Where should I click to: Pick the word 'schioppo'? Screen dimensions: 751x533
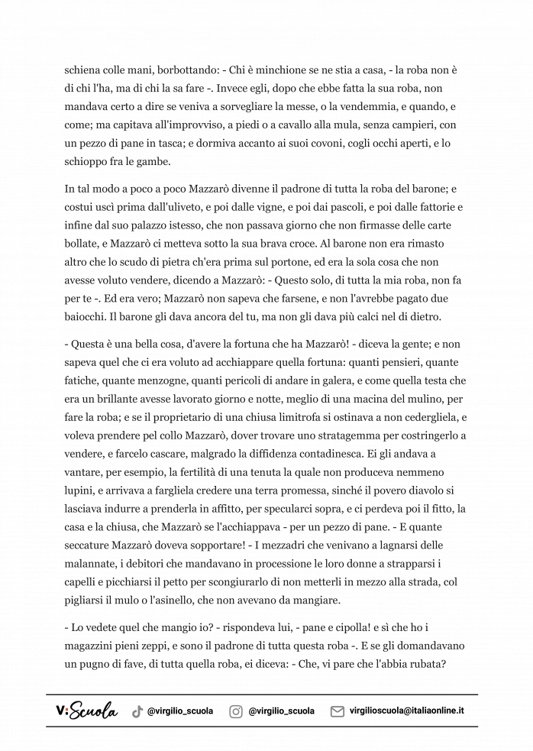coord(88,161)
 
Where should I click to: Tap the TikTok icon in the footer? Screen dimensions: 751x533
coord(137,711)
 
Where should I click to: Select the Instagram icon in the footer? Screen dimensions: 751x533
coord(237,711)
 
